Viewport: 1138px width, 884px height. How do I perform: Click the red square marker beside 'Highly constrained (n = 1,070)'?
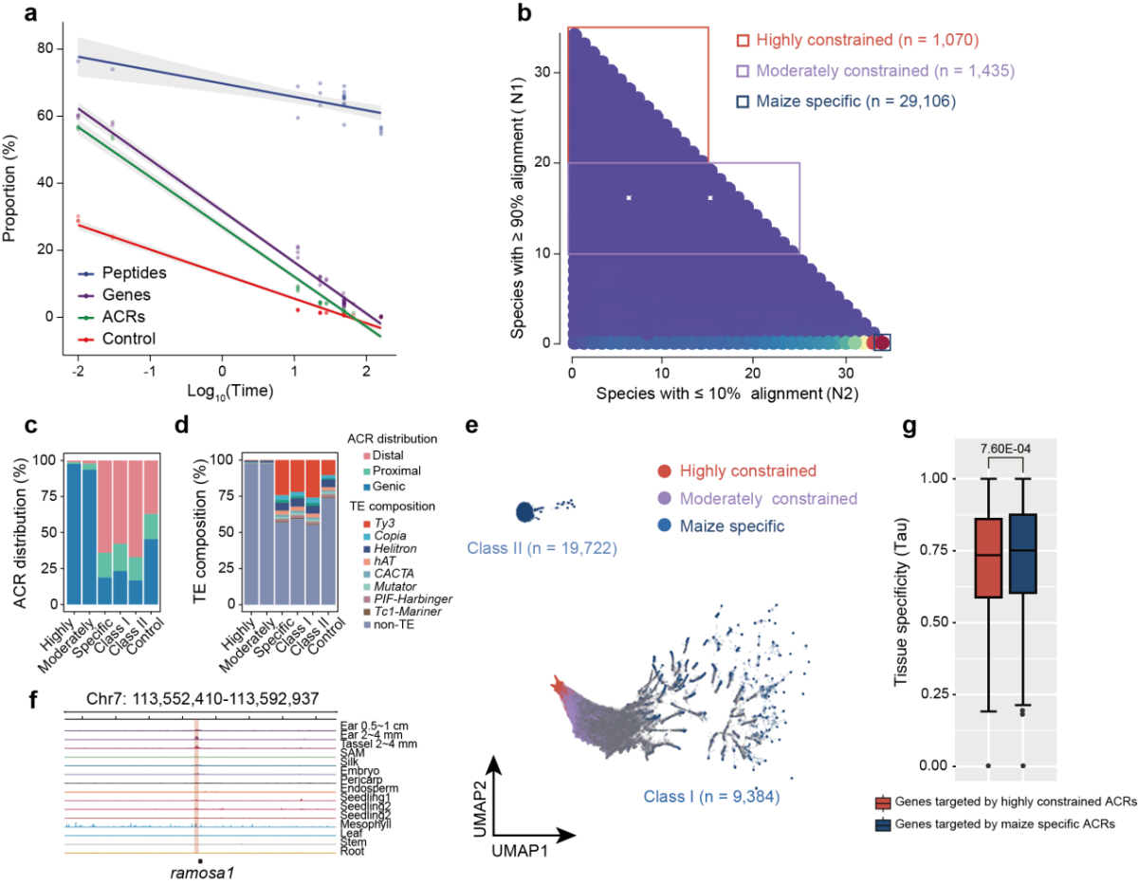coord(743,41)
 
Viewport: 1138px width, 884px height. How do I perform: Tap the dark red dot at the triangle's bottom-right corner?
coord(881,342)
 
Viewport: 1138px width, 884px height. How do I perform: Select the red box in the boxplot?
coord(988,558)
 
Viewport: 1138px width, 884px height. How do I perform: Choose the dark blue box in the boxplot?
coord(1022,553)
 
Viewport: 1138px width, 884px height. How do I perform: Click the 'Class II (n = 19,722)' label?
coord(541,548)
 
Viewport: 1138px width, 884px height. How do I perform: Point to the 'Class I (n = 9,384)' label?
coord(711,797)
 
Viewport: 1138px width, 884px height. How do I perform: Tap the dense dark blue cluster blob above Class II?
coord(525,512)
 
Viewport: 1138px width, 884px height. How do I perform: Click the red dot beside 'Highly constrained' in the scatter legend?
coord(664,471)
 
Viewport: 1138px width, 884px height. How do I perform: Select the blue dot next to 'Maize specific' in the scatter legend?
coord(664,525)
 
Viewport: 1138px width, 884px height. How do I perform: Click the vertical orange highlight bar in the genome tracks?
coord(197,786)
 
